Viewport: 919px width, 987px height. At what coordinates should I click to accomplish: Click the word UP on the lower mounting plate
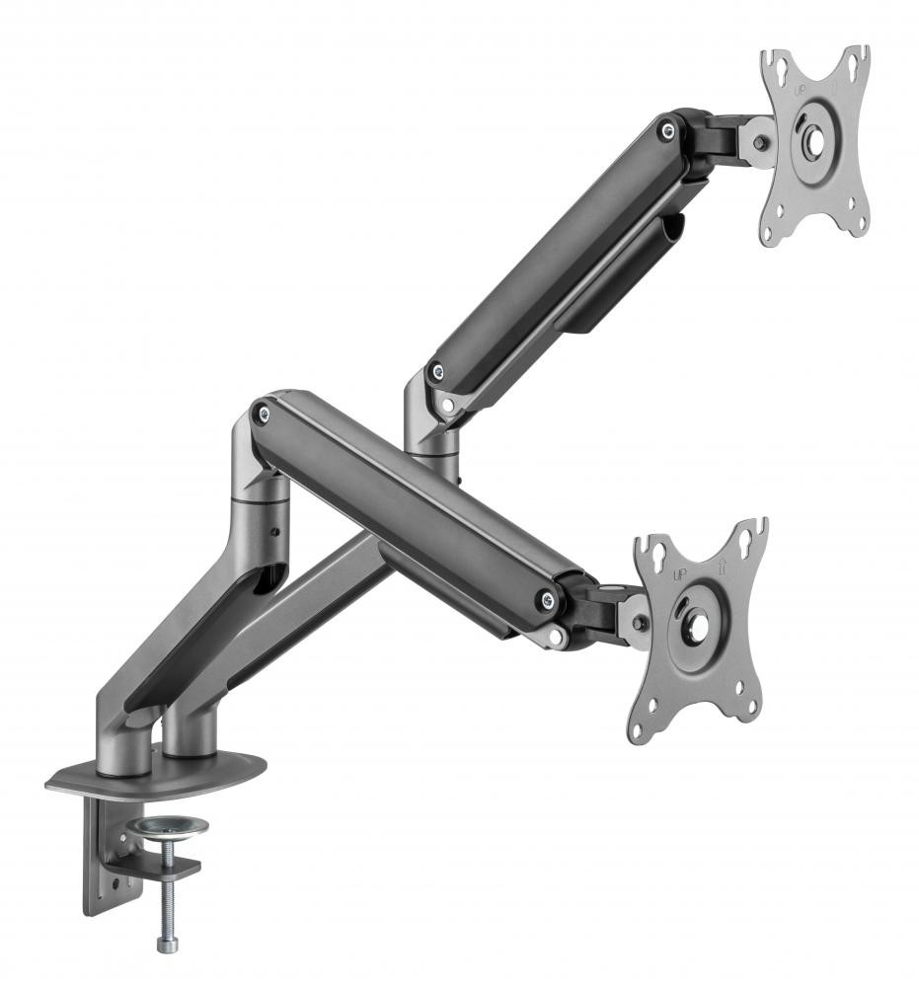(x=680, y=573)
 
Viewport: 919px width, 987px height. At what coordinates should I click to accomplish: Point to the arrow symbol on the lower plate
(x=722, y=566)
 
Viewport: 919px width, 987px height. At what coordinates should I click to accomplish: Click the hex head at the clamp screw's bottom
(x=162, y=945)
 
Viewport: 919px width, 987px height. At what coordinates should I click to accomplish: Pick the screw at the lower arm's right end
(x=544, y=599)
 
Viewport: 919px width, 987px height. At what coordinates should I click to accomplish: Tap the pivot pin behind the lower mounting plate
(x=641, y=624)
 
